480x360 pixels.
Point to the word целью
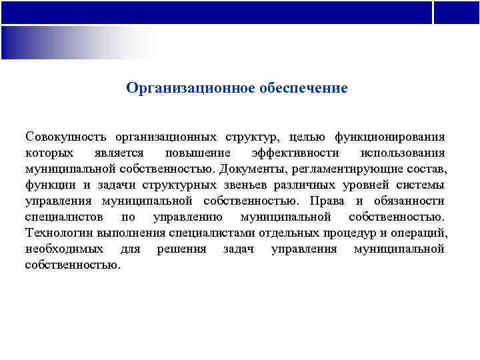pos(307,137)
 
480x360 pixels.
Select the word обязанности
pos(409,201)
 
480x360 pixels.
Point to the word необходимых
pos(64,249)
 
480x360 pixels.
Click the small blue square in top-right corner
pos(457,12)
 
